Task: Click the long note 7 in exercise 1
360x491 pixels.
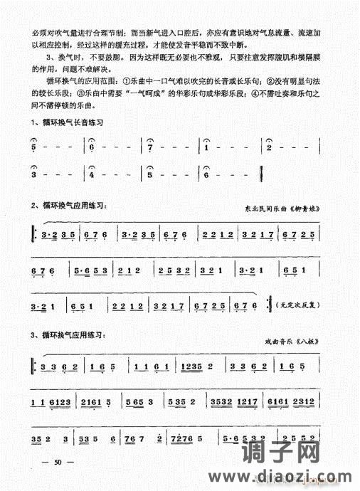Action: [x=150, y=148]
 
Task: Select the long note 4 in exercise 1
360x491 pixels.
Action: [x=92, y=174]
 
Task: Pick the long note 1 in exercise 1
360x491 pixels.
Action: [x=206, y=148]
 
